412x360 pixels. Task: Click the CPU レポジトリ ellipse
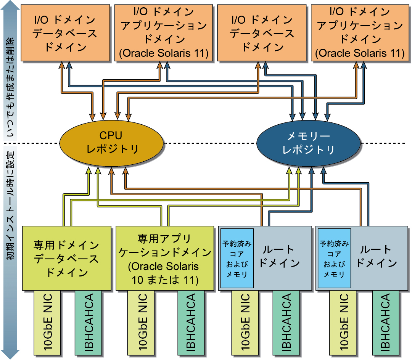coord(111,143)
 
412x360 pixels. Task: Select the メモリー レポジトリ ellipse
coord(308,143)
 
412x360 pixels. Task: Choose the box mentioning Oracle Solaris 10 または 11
coord(164,258)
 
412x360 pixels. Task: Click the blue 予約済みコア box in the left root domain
coord(237,259)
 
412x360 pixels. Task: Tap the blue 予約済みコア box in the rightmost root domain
coord(334,259)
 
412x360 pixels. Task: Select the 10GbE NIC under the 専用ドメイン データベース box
coord(47,322)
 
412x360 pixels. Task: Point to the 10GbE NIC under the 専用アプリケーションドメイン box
coord(141,322)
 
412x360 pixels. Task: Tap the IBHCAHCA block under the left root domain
coord(286,322)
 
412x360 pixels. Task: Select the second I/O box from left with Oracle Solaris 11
coord(164,33)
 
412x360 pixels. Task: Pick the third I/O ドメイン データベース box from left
coord(262,33)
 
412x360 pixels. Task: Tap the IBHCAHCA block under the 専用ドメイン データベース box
coord(88,322)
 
